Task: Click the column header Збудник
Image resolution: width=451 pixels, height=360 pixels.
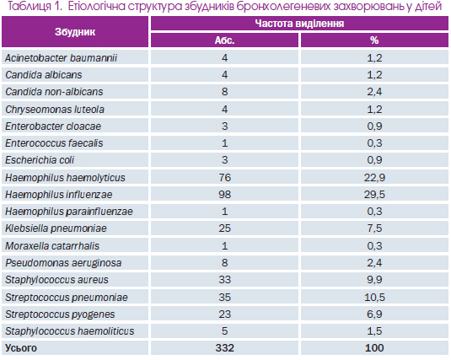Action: (75, 32)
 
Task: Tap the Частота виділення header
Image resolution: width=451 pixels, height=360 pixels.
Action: (299, 24)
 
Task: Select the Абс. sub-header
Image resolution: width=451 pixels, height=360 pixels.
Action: (224, 40)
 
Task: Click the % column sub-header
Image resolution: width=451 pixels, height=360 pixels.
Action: (374, 40)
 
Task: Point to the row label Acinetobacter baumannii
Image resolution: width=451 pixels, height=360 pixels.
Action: (61, 58)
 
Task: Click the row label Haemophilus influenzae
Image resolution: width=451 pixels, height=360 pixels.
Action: (59, 195)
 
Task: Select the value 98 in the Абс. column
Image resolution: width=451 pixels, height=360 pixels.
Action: (224, 195)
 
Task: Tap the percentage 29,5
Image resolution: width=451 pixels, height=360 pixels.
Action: (374, 195)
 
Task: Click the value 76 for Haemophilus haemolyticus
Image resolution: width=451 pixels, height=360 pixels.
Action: (224, 178)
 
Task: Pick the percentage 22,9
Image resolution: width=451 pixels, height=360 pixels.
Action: (374, 178)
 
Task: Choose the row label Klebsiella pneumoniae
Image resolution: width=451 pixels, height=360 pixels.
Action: (56, 228)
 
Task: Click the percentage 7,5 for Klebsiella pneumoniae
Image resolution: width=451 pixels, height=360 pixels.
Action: (374, 228)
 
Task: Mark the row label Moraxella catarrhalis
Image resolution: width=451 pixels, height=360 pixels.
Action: (52, 246)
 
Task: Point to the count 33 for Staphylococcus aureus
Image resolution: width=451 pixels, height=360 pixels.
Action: (224, 280)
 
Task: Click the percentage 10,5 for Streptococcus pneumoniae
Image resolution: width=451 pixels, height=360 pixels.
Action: (374, 298)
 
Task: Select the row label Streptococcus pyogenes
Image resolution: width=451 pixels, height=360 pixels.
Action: (60, 314)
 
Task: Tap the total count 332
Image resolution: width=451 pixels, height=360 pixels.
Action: (224, 348)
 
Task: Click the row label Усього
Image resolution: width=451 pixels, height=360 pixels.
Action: (21, 348)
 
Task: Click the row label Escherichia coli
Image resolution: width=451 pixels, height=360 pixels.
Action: (40, 160)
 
